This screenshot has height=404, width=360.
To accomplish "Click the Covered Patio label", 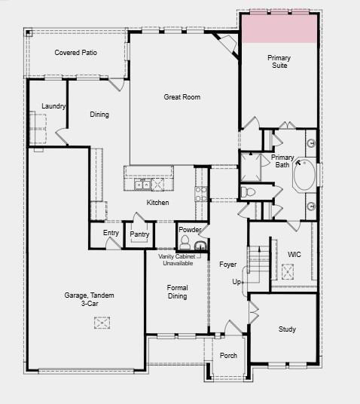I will (x=76, y=53).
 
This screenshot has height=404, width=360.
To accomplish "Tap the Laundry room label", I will (x=53, y=106).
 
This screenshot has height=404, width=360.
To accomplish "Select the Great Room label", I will (x=182, y=96).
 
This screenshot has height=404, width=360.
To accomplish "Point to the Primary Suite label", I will (x=279, y=62).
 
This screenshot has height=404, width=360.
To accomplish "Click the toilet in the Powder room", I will (x=185, y=242).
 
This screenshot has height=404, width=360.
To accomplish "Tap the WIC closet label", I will (x=294, y=255).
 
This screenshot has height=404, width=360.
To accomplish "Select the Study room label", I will (x=287, y=329).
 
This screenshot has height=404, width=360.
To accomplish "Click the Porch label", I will (x=228, y=356).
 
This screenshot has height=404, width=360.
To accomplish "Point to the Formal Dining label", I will (x=177, y=292).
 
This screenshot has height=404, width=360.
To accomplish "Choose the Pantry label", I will (x=139, y=234).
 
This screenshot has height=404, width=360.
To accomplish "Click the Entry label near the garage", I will (x=111, y=233).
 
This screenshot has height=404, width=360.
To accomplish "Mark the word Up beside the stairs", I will (x=236, y=282).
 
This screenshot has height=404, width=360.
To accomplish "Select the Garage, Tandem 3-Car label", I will (x=89, y=300).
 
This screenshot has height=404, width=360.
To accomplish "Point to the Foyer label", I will (x=228, y=265).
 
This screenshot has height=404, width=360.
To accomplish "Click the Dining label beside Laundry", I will (x=99, y=115).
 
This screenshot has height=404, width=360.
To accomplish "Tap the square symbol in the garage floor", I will (x=102, y=323).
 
